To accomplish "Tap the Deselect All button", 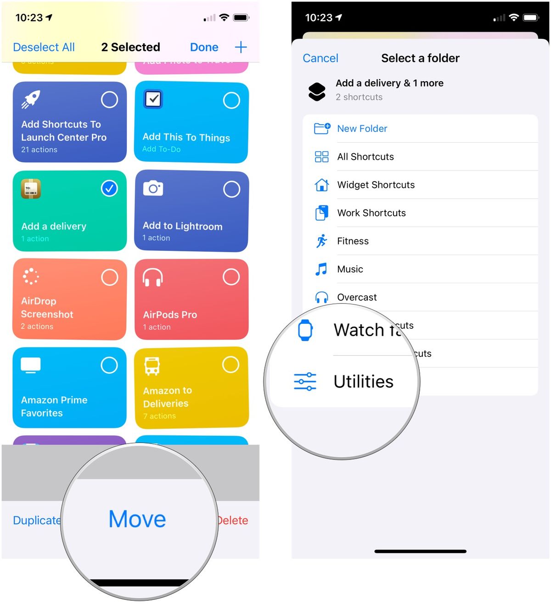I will pyautogui.click(x=44, y=47).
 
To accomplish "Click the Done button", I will pyautogui.click(x=204, y=47).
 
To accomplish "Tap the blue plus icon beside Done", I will pyautogui.click(x=241, y=47).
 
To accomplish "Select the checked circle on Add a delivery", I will pyautogui.click(x=109, y=188).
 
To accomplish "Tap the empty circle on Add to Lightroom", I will pyautogui.click(x=231, y=189).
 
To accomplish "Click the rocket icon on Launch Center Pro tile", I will pyautogui.click(x=31, y=99).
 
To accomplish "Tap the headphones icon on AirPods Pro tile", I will pyautogui.click(x=152, y=277).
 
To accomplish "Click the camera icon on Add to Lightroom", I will pyautogui.click(x=153, y=188).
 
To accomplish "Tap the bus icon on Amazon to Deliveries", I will pyautogui.click(x=152, y=366).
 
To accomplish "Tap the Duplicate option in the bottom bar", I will pyautogui.click(x=37, y=520).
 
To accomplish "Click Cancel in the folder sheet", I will pyautogui.click(x=320, y=58).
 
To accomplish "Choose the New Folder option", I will pyautogui.click(x=362, y=129).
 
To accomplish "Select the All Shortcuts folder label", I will pyautogui.click(x=365, y=157).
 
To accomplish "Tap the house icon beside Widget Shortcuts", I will pyautogui.click(x=321, y=185).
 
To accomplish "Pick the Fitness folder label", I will pyautogui.click(x=353, y=241).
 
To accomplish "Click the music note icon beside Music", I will pyautogui.click(x=321, y=269).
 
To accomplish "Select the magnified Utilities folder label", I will pyautogui.click(x=363, y=382).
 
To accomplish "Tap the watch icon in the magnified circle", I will pyautogui.click(x=305, y=330).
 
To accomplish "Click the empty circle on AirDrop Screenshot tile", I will pyautogui.click(x=109, y=277).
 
